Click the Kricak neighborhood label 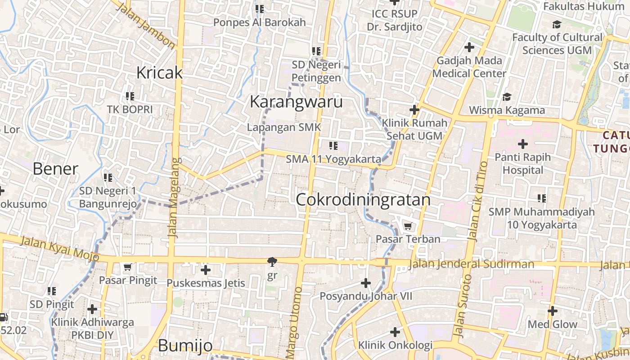[x=159, y=72]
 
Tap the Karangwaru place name [x=296, y=102]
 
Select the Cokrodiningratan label [x=363, y=199]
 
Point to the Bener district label [x=55, y=169]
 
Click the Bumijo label [x=185, y=346]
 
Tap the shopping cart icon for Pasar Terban [x=408, y=226]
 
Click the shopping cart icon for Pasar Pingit [x=128, y=267]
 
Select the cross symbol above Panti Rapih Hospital [x=522, y=144]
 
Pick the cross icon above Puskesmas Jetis [x=206, y=270]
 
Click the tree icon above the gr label [x=272, y=261]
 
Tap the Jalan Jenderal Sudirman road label [x=471, y=264]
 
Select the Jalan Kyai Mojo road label [x=60, y=248]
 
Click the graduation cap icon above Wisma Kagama [x=507, y=97]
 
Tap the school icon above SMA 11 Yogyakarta [x=333, y=145]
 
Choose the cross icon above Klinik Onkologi [x=395, y=332]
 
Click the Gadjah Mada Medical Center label [x=469, y=67]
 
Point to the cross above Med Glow [x=552, y=311]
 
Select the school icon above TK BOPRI [x=130, y=96]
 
